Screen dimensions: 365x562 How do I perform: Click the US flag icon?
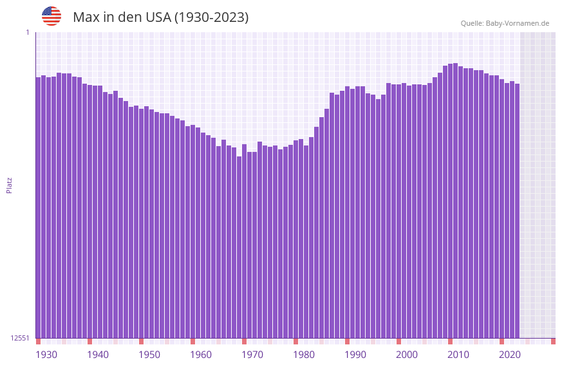point(52,16)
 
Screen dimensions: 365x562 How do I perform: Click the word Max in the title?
point(86,17)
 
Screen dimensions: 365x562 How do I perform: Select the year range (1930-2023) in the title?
point(211,17)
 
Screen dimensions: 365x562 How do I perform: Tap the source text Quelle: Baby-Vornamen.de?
point(505,23)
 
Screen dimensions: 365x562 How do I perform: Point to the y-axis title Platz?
point(9,185)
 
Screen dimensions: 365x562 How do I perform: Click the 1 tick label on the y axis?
point(28,32)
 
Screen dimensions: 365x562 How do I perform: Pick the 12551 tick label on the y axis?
point(20,338)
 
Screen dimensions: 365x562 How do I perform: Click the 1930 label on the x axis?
point(46,355)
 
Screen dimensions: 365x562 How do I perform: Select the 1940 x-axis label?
point(98,355)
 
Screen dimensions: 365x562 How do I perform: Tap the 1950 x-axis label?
point(149,355)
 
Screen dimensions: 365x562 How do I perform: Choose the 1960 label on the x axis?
point(201,355)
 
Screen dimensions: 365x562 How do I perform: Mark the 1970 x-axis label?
point(252,355)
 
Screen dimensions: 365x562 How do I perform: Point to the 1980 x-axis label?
point(304,355)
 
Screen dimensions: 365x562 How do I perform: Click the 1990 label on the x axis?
point(355,355)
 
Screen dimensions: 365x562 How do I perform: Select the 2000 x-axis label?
point(407,355)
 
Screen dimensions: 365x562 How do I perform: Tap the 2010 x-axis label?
point(458,355)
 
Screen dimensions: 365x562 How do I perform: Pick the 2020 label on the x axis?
point(510,355)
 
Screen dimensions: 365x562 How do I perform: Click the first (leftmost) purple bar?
point(38,206)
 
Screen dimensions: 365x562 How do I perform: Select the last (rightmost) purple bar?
point(517,212)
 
